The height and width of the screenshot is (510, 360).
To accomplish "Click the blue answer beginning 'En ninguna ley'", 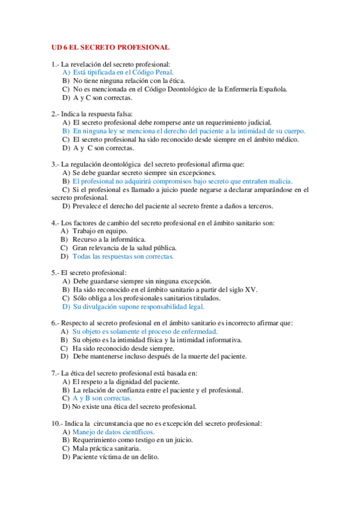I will (189, 131).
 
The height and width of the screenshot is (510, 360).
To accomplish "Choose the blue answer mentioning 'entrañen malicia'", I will (182, 180).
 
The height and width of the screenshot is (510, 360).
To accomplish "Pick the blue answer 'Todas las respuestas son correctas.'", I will (123, 256).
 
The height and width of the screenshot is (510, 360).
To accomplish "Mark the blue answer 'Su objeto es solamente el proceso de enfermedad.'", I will (145, 331).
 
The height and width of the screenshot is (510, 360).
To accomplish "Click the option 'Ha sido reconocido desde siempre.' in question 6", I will (123, 348).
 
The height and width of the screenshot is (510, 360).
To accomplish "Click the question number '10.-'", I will (58, 423).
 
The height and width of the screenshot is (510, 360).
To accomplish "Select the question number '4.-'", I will (56, 223).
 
